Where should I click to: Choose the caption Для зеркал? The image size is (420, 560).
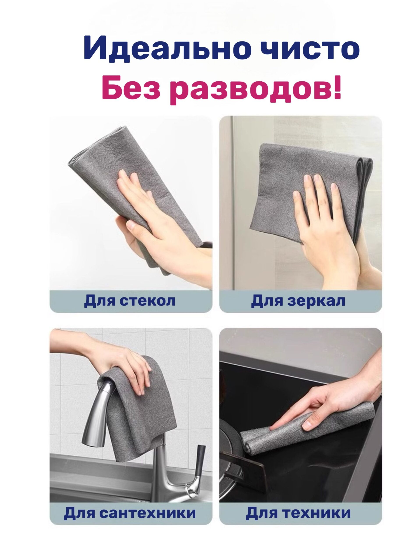tap(298, 301)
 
